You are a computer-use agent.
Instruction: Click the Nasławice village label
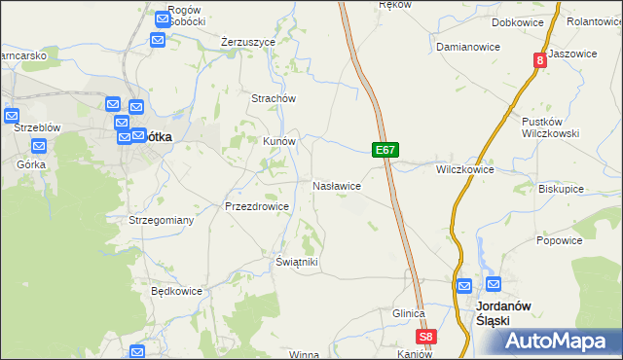(x=337, y=185)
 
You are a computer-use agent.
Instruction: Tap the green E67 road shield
(x=385, y=151)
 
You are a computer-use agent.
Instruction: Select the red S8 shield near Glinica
(x=426, y=338)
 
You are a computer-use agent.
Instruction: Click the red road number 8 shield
(x=539, y=60)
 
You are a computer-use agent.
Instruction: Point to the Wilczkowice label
(x=464, y=169)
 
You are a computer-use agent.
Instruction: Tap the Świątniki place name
(x=297, y=263)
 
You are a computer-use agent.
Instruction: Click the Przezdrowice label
(x=256, y=206)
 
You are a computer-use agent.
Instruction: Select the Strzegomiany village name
(x=162, y=221)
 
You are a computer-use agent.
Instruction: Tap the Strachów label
(x=274, y=98)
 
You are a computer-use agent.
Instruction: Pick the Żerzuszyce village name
(x=248, y=43)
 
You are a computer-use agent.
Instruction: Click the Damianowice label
(x=468, y=47)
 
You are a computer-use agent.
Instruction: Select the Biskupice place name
(x=561, y=189)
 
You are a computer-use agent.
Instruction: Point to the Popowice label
(x=559, y=240)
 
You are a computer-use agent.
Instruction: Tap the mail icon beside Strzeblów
(x=12, y=117)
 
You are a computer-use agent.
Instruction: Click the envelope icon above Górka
(x=39, y=147)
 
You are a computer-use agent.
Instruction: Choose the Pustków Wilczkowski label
(x=551, y=127)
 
